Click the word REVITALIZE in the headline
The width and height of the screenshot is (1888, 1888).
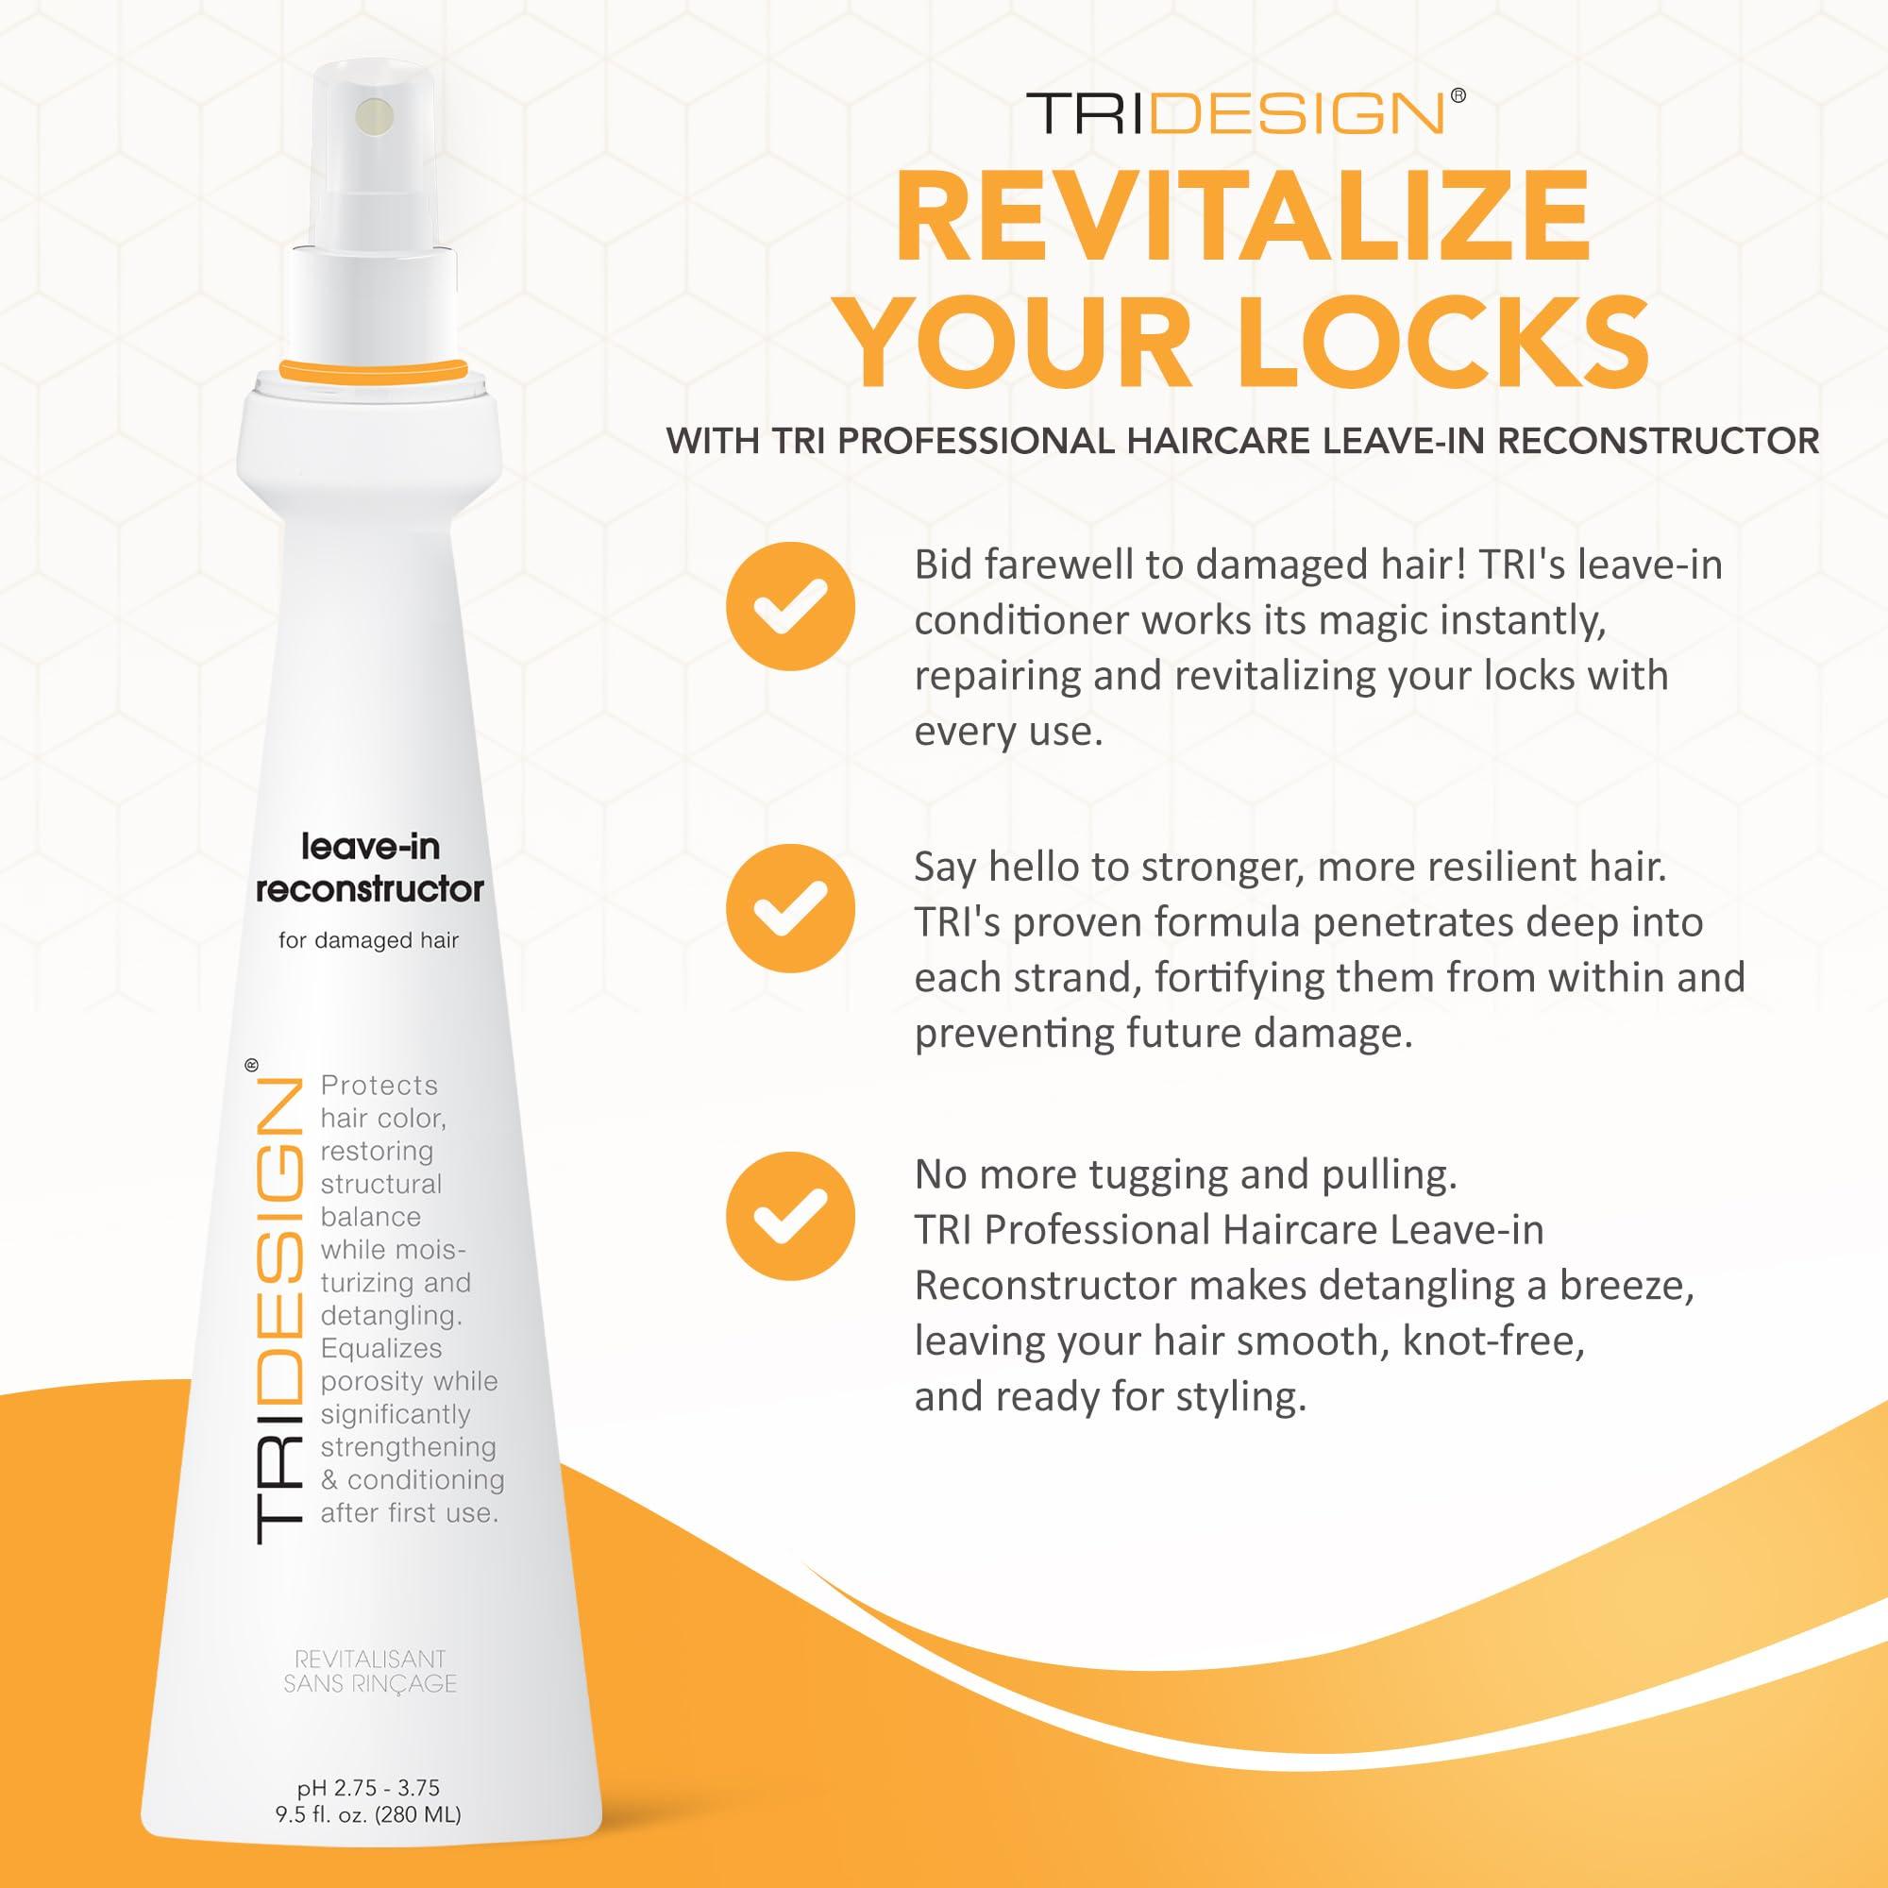pyautogui.click(x=1243, y=216)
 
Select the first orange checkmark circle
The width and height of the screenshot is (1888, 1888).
pyautogui.click(x=789, y=606)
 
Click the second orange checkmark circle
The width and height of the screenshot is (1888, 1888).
pyautogui.click(x=789, y=909)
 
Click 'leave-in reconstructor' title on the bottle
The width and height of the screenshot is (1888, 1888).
pyautogui.click(x=369, y=867)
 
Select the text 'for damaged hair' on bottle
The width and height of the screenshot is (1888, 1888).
pyautogui.click(x=368, y=940)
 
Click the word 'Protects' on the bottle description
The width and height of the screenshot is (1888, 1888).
pyautogui.click(x=379, y=1086)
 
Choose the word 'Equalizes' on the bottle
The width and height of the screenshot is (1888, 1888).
pyautogui.click(x=381, y=1349)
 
